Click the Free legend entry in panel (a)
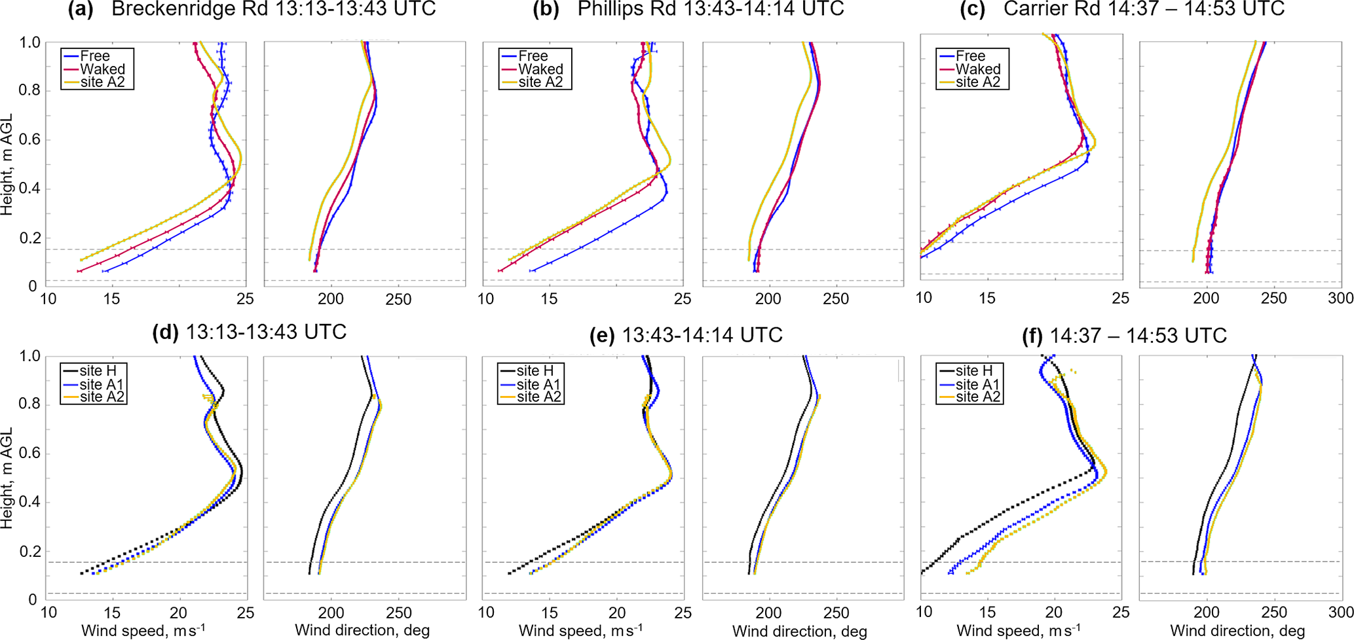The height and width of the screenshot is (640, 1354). (x=95, y=56)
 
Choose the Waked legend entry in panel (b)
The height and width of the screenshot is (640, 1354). (x=540, y=69)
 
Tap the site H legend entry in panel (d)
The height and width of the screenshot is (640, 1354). (x=98, y=371)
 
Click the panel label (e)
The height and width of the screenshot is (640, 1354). (x=602, y=336)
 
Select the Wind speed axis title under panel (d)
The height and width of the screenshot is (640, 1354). (x=143, y=631)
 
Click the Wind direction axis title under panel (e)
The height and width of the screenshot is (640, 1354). (x=799, y=631)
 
